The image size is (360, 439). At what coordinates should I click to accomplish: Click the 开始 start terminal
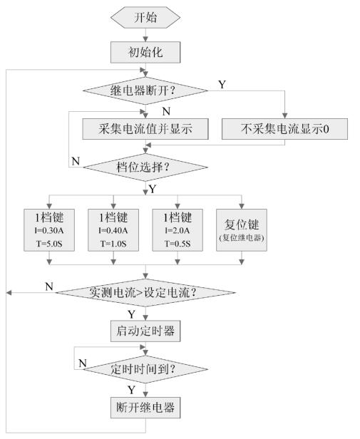point(145,16)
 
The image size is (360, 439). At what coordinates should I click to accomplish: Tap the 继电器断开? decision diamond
point(145,91)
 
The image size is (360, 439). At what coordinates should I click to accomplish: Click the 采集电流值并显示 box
point(145,128)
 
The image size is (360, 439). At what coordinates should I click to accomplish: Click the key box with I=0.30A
point(49,228)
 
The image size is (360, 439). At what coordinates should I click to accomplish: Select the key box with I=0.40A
point(113,228)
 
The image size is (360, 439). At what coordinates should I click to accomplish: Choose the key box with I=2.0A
point(178,228)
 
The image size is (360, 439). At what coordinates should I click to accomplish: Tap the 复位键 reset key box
point(241,228)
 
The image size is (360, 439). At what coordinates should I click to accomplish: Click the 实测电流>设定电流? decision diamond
point(145,292)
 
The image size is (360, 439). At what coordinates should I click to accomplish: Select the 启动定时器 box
point(145,331)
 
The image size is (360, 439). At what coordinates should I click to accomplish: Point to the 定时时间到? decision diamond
point(145,369)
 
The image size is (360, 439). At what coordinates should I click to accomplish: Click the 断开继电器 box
point(145,408)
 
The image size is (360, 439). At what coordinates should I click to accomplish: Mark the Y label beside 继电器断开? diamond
point(222,85)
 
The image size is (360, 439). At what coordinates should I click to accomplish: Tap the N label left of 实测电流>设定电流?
point(48,286)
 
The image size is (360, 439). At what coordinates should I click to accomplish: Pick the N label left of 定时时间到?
point(82,363)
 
